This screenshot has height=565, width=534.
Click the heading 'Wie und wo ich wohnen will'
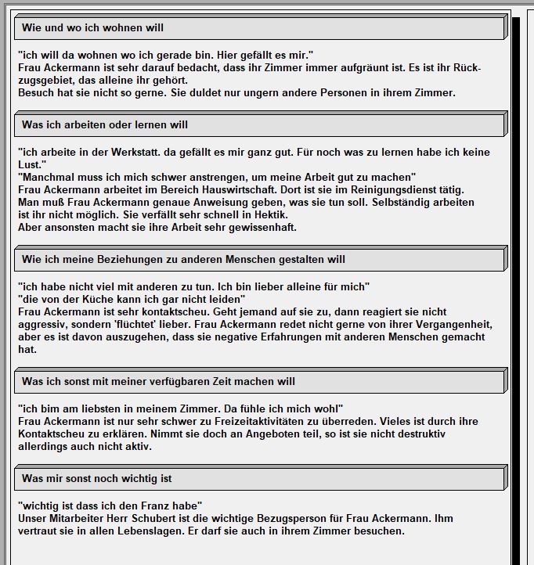pyautogui.click(x=92, y=28)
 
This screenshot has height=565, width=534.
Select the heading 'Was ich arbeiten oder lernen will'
pyautogui.click(x=105, y=125)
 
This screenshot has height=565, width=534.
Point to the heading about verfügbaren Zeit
pyautogui.click(x=158, y=382)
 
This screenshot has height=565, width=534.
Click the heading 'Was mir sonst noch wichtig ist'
pyautogui.click(x=97, y=479)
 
